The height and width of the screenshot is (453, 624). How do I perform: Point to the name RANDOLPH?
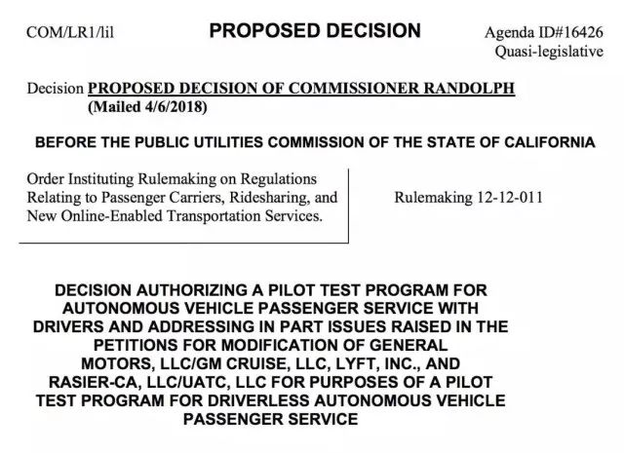(458, 88)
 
